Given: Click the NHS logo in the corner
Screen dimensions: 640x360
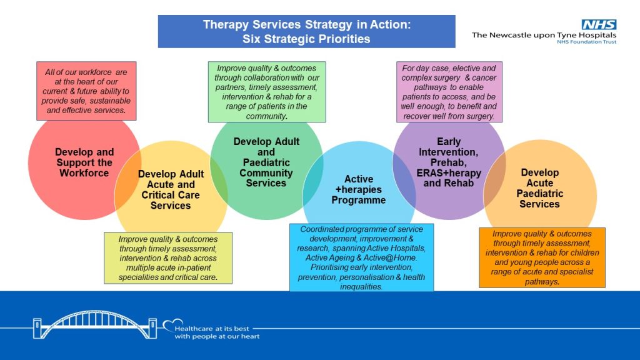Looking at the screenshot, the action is tap(599, 24).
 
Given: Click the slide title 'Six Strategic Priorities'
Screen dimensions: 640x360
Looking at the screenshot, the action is tap(306, 39).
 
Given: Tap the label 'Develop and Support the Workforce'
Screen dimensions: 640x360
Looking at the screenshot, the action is tap(84, 162).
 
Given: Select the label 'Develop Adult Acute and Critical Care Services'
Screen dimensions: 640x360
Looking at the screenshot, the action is tap(171, 190).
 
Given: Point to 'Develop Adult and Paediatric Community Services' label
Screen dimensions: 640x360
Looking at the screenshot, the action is tap(266, 162).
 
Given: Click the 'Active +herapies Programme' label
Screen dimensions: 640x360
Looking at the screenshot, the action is tap(358, 189).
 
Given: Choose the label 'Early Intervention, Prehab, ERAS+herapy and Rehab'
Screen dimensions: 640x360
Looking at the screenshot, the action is tap(449, 162).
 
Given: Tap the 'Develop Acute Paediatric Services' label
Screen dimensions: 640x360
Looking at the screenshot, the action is tap(539, 188).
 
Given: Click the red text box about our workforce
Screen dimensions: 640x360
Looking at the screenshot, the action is tap(86, 91).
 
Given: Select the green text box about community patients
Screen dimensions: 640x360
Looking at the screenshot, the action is tap(267, 92).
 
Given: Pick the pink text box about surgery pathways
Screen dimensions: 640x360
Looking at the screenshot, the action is tap(449, 92).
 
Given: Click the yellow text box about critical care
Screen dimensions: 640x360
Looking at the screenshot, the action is tap(168, 258).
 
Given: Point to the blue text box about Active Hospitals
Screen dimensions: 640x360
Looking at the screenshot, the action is tap(362, 257).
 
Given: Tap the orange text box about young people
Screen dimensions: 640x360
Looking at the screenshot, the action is tap(542, 257).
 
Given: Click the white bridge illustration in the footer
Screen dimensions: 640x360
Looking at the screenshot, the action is tap(95, 325).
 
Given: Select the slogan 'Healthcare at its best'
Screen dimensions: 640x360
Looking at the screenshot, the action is tap(212, 329).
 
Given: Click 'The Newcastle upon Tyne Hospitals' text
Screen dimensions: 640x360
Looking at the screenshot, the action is tap(544, 35).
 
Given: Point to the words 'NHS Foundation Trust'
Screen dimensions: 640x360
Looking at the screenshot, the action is tap(586, 42).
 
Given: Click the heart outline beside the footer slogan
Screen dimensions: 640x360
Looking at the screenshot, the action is tap(172, 325).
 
